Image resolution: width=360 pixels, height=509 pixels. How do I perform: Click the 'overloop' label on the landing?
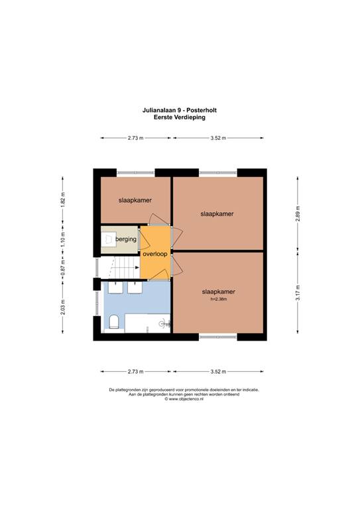tap(154, 254)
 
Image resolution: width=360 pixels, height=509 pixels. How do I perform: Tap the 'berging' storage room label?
tap(126, 239)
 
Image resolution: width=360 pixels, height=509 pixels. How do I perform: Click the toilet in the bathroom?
tap(114, 323)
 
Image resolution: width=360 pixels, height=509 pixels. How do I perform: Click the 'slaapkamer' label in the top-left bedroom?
tap(135, 199)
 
